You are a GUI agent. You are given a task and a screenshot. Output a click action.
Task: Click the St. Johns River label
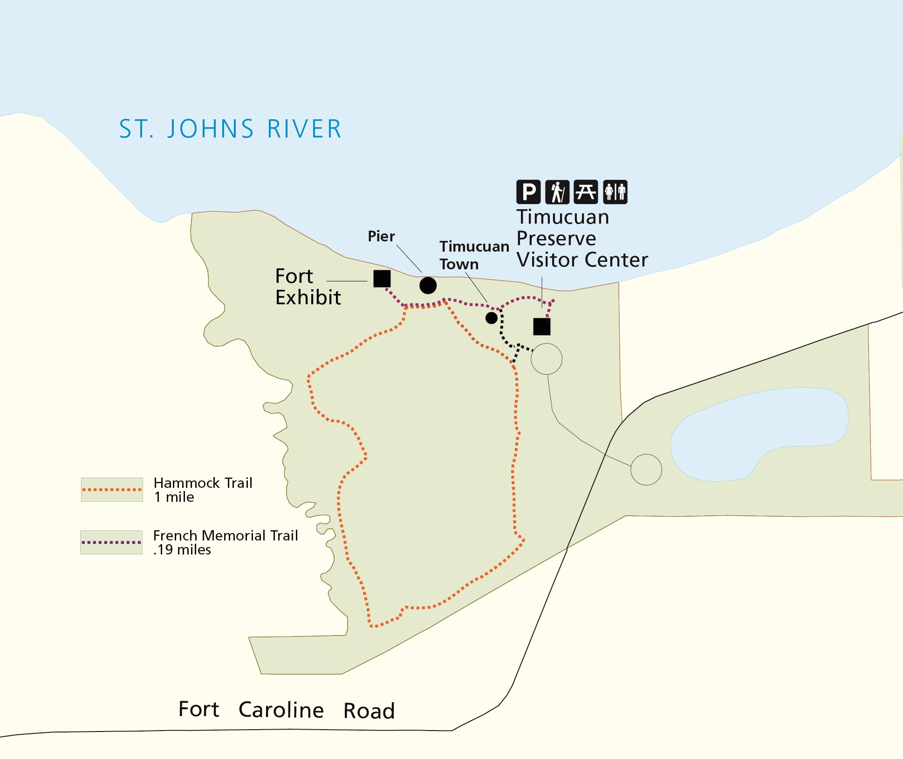pyautogui.click(x=231, y=129)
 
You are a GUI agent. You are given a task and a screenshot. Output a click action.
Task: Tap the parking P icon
pyautogui.click(x=528, y=192)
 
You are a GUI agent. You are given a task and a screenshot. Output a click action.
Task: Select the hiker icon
pyautogui.click(x=557, y=192)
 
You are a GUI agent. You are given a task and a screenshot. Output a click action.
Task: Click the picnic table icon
pyautogui.click(x=586, y=192)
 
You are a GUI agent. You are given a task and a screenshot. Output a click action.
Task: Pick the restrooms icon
pyautogui.click(x=615, y=192)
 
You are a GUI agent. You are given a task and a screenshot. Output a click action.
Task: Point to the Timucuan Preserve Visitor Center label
pyautogui.click(x=581, y=239)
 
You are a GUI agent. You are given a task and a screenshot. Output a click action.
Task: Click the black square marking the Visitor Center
pyautogui.click(x=542, y=327)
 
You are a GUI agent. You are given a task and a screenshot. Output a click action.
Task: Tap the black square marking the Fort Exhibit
pyautogui.click(x=382, y=279)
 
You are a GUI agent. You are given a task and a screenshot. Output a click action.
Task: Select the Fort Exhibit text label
pyautogui.click(x=308, y=287)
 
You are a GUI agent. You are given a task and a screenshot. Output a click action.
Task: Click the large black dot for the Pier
pyautogui.click(x=428, y=285)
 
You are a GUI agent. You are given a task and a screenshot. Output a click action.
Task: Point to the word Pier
pyautogui.click(x=381, y=236)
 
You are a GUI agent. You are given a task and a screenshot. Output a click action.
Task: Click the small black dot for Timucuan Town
pyautogui.click(x=492, y=318)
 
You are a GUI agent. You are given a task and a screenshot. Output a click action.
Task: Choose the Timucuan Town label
pyautogui.click(x=473, y=255)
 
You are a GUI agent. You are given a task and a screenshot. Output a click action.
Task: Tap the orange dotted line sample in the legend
pyautogui.click(x=112, y=490)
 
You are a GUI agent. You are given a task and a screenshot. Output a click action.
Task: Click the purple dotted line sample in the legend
pyautogui.click(x=111, y=542)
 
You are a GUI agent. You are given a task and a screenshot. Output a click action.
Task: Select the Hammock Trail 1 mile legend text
pyautogui.click(x=203, y=490)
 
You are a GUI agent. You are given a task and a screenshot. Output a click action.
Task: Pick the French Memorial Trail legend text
pyautogui.click(x=225, y=542)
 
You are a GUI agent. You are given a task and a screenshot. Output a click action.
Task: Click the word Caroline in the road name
pyautogui.click(x=281, y=710)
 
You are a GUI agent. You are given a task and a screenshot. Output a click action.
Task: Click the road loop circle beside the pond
pyautogui.click(x=646, y=470)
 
